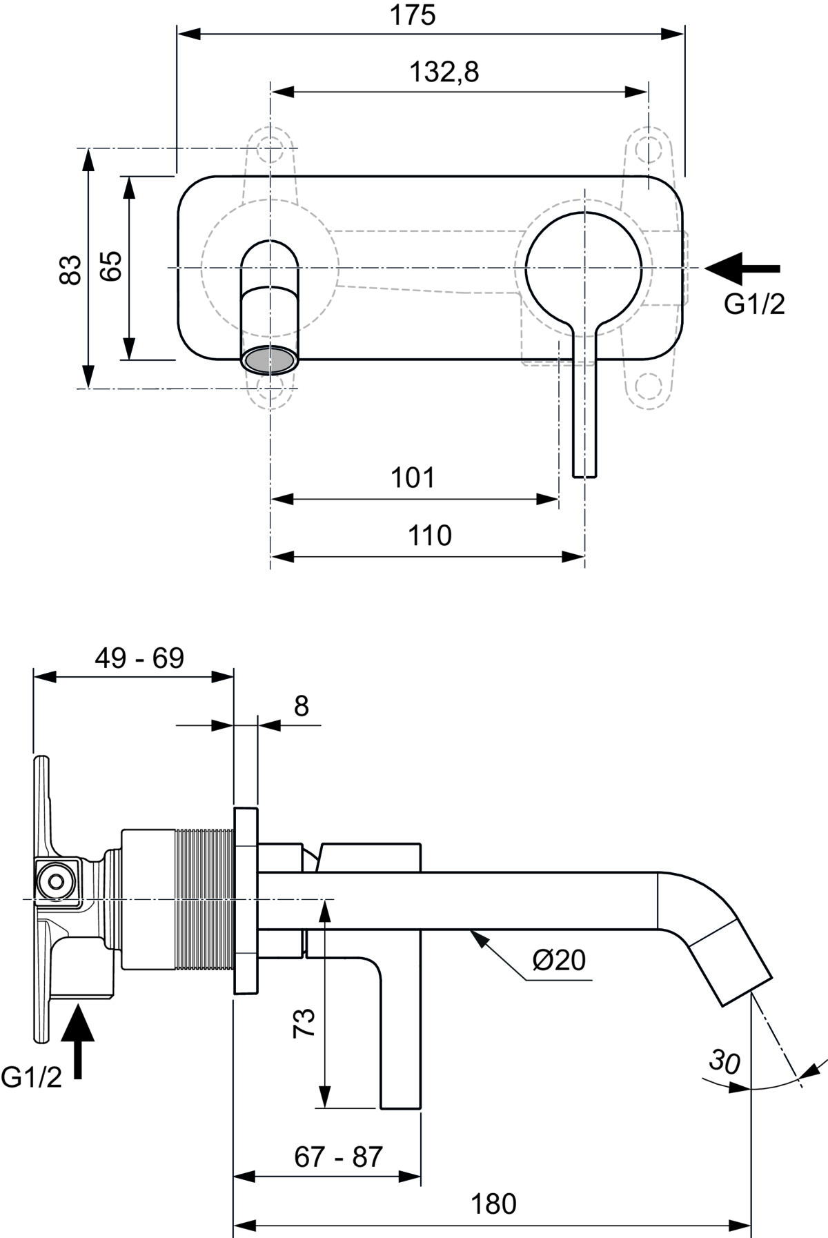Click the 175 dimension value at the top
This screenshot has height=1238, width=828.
click(x=413, y=15)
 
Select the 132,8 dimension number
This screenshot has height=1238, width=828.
click(x=444, y=72)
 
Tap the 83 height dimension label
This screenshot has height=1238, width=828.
click(x=71, y=269)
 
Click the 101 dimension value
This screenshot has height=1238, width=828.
click(x=413, y=478)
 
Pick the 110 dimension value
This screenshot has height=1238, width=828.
click(x=429, y=536)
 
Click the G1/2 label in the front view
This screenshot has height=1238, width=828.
click(x=754, y=304)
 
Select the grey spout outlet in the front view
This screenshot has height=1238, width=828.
click(x=270, y=360)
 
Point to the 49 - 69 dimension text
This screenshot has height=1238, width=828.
click(x=139, y=658)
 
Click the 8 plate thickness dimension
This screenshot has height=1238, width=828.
click(x=302, y=706)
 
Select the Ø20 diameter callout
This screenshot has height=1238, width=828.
click(x=559, y=959)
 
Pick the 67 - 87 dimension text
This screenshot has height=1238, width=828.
click(x=338, y=1157)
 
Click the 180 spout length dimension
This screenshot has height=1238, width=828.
click(x=493, y=1204)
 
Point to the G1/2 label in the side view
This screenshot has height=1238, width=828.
click(x=31, y=1077)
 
